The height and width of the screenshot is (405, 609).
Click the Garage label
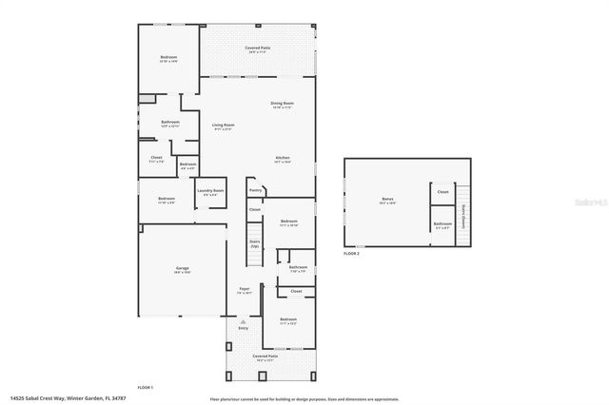pyautogui.click(x=181, y=269)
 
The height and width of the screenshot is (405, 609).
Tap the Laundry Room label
pyautogui.click(x=210, y=191)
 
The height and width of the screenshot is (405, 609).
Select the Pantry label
pyautogui.click(x=255, y=190)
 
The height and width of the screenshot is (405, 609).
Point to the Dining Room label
pyautogui.click(x=282, y=104)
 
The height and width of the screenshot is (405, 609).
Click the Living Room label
pyautogui.click(x=223, y=125)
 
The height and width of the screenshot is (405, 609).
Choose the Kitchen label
pyautogui.click(x=283, y=158)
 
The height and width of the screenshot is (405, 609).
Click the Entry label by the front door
pyautogui.click(x=243, y=328)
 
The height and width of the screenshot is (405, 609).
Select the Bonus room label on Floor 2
pyautogui.click(x=386, y=201)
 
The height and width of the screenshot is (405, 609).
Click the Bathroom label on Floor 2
pyautogui.click(x=442, y=224)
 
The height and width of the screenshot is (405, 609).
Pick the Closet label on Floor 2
pyautogui.click(x=442, y=192)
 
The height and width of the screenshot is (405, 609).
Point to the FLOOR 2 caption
pyautogui.click(x=352, y=254)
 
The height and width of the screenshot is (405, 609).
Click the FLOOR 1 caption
pyautogui.click(x=145, y=388)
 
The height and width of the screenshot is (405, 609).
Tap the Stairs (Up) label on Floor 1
pyautogui.click(x=254, y=243)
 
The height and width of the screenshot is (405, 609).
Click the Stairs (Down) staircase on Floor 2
pyautogui.click(x=463, y=214)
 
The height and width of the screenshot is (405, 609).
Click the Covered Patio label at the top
pyautogui.click(x=257, y=48)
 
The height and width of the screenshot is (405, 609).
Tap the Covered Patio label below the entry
pyautogui.click(x=265, y=358)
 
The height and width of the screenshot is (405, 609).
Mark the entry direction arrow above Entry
pyautogui.click(x=243, y=321)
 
